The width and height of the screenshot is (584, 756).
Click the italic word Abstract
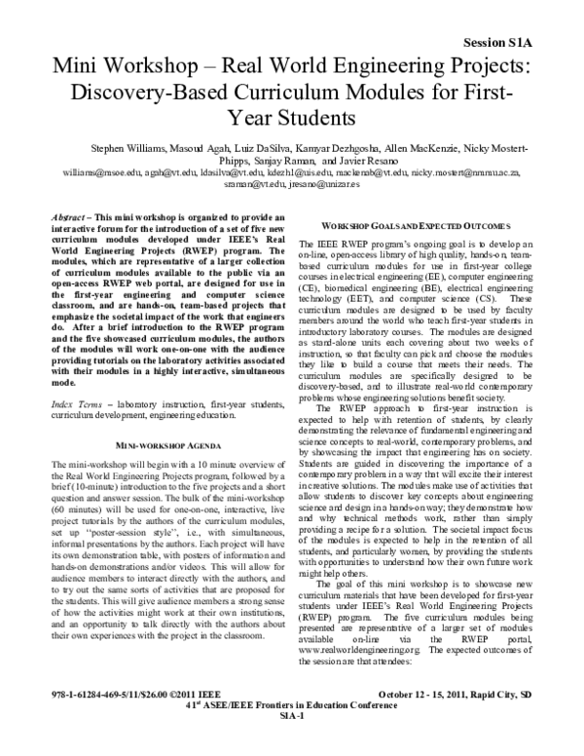(72, 215)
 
